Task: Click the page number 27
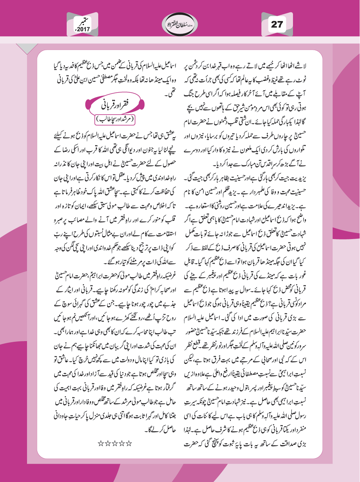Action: point(277,24)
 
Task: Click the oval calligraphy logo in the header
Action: point(180,24)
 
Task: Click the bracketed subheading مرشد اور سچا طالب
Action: point(115,120)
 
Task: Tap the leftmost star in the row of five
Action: point(100,443)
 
